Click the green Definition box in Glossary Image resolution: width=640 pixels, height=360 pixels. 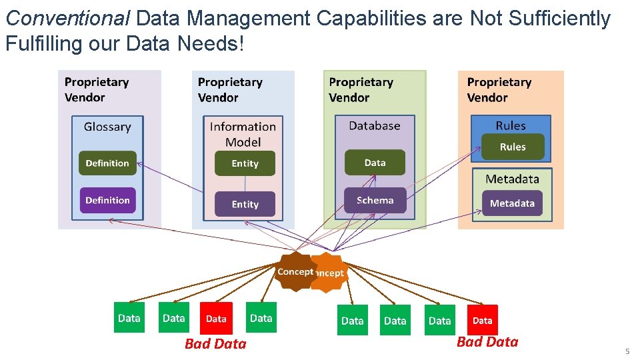coord(107,163)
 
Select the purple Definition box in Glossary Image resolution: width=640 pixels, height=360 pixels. coord(107,200)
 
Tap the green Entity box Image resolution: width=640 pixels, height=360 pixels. coord(245,163)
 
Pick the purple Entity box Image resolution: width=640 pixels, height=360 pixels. coord(245,204)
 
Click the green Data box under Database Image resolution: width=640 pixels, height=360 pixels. coord(375,163)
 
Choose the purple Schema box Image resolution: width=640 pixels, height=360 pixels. coord(375,200)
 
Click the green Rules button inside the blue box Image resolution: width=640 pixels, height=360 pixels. coord(513,147)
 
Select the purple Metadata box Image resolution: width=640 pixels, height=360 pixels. coord(512,203)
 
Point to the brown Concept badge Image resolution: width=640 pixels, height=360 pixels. coord(295,271)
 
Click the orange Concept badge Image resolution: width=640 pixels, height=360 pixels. coord(331,273)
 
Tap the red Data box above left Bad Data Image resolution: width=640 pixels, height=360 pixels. coord(216,319)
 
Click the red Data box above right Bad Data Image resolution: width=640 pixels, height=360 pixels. coord(483,321)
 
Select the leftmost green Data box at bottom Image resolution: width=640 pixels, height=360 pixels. coord(129,318)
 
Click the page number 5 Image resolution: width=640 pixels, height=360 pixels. coord(627,351)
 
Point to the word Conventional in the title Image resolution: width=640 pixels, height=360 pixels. coord(67,19)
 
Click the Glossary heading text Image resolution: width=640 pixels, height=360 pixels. coord(107,127)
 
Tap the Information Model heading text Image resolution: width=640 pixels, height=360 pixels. coord(243,134)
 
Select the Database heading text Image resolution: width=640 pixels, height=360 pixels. coord(375,125)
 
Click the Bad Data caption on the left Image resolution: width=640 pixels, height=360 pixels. coord(215,344)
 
